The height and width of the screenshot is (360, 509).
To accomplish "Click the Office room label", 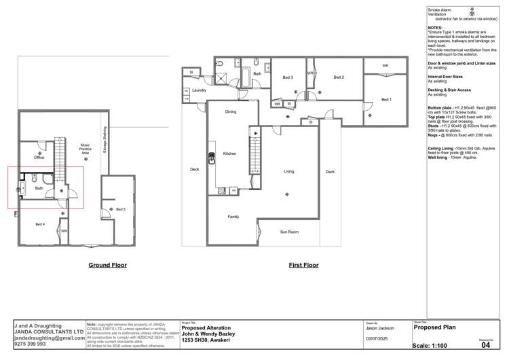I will point(39,158).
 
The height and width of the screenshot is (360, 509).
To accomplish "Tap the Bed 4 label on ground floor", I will point(40,224).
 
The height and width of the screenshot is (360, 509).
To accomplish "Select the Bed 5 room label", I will point(120,209).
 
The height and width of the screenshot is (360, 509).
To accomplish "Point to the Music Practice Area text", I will point(86,149).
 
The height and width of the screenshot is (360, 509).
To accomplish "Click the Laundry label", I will point(199,90).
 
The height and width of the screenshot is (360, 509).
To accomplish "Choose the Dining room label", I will point(231,111).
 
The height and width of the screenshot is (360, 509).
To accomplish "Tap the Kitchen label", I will point(230,154).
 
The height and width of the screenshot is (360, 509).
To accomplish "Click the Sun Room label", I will point(289,232).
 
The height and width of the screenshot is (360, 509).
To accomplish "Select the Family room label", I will point(232,217).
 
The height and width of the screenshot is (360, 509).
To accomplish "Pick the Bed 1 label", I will point(386,100).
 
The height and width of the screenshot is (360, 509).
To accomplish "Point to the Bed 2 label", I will point(339,77).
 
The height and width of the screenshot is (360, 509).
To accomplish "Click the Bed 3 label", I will point(288,77).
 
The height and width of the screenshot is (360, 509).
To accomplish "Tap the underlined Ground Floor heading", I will point(107,265).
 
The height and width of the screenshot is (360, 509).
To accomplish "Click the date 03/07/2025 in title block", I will point(376,338).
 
